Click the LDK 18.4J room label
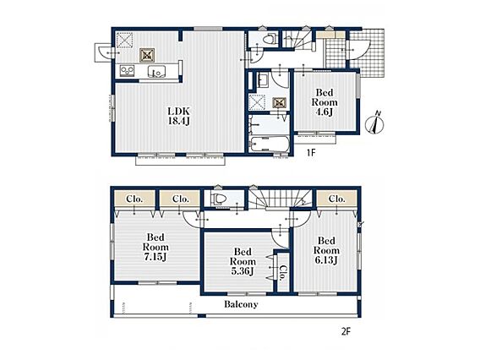tap(179, 116)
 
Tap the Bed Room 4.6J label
tap(325, 102)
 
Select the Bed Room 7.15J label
tap(155, 247)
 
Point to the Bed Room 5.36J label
tap(243, 261)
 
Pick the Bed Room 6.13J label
tap(326, 250)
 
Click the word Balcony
tap(241, 304)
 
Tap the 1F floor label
tap(311, 152)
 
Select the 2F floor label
tap(346, 332)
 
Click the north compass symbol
tap(375, 123)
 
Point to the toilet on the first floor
tap(270, 39)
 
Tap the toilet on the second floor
tap(219, 199)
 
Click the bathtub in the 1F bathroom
tap(269, 145)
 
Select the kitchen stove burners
tap(127, 71)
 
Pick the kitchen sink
tap(156, 72)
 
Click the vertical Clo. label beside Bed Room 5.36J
tap(283, 272)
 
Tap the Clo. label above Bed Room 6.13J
tap(336, 199)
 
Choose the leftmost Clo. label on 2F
tap(134, 199)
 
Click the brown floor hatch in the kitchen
tap(147, 55)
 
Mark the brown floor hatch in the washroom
tap(280, 103)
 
